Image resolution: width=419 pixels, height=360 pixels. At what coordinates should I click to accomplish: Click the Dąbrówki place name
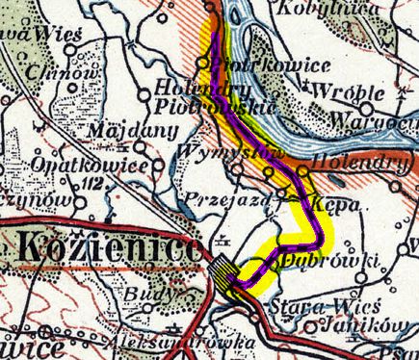pyautogui.click(x=314, y=259)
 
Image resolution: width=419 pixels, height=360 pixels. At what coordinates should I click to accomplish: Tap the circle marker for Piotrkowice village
pyautogui.click(x=204, y=63)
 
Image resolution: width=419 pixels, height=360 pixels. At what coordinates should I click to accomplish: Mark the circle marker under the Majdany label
pyautogui.click(x=142, y=148)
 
